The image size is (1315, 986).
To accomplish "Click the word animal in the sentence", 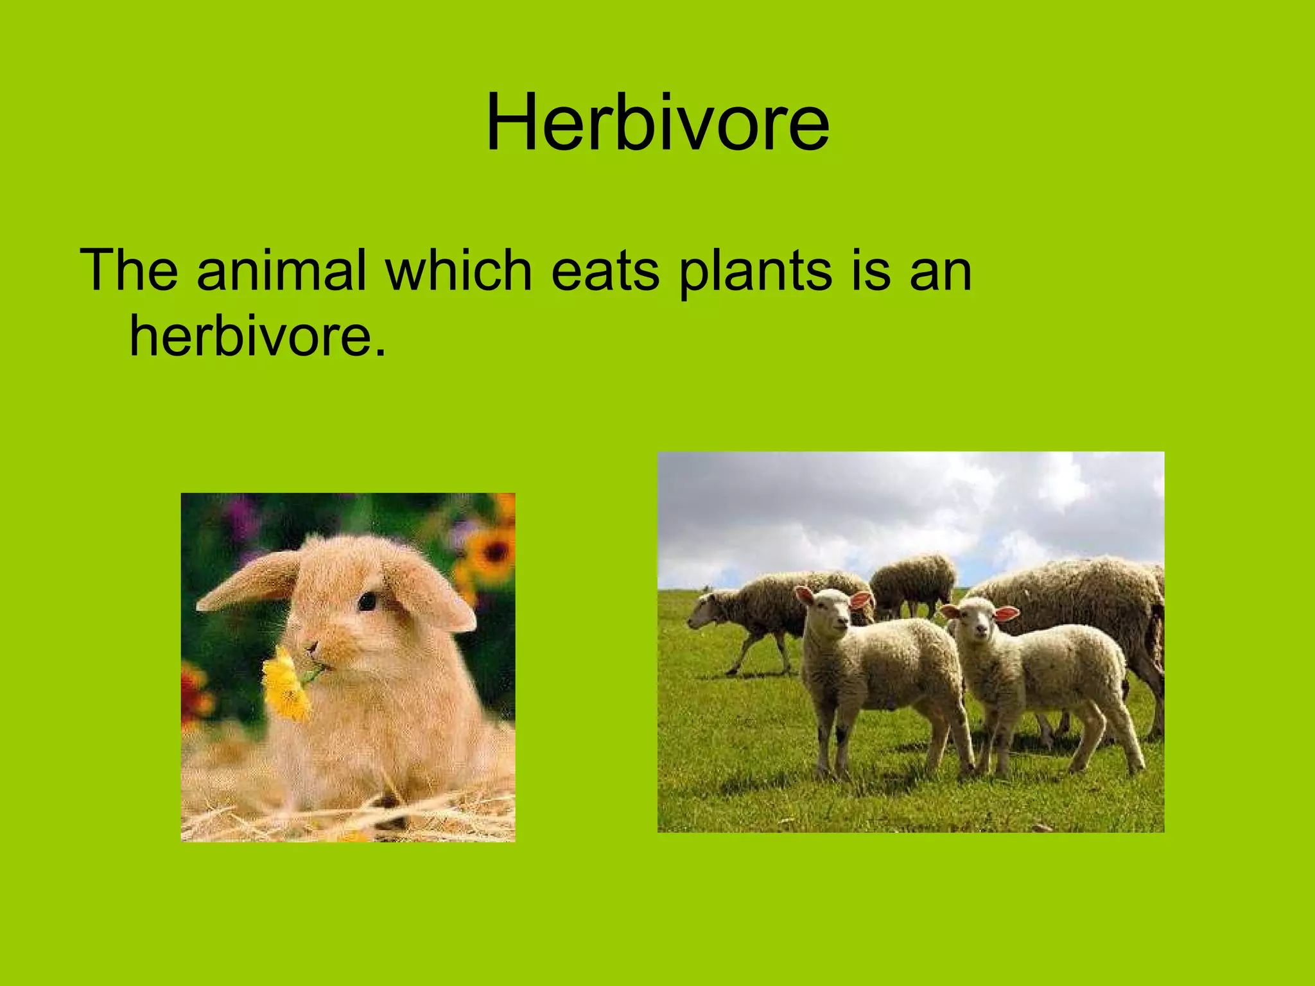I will pyautogui.click(x=281, y=271).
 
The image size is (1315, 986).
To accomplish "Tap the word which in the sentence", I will pyautogui.click(x=458, y=271).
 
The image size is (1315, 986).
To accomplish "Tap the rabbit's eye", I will pyautogui.click(x=367, y=601).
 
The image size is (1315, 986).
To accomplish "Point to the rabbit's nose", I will pyautogui.click(x=313, y=647).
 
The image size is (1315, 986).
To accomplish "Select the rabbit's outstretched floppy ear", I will pyautogui.click(x=250, y=581).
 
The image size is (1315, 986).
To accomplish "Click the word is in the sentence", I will pyautogui.click(x=871, y=271).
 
